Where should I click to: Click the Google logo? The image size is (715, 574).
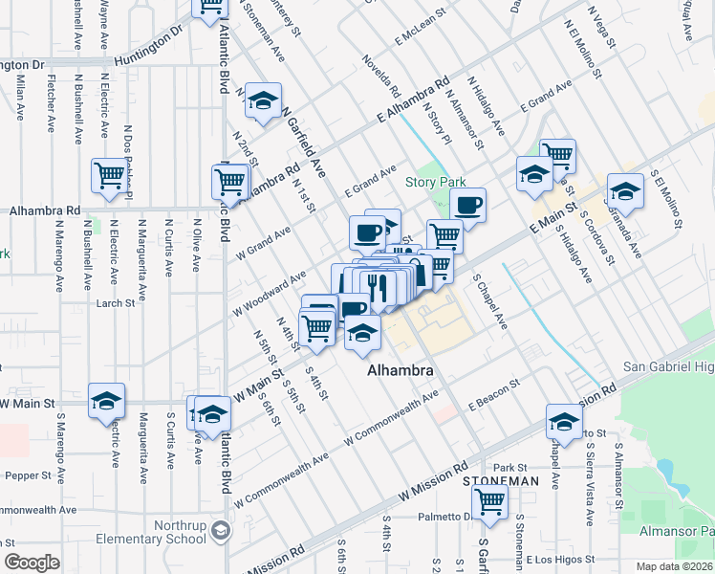pyautogui.click(x=32, y=563)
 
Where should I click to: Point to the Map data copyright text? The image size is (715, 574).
pyautogui.click(x=675, y=566)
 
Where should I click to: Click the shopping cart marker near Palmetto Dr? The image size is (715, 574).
pyautogui.click(x=490, y=500)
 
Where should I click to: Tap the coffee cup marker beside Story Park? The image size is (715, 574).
pyautogui.click(x=467, y=205)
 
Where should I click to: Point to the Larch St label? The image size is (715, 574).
pyautogui.click(x=116, y=303)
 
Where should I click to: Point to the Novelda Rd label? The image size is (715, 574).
pyautogui.click(x=380, y=77)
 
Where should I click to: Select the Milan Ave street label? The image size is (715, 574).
pyautogui.click(x=19, y=99)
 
